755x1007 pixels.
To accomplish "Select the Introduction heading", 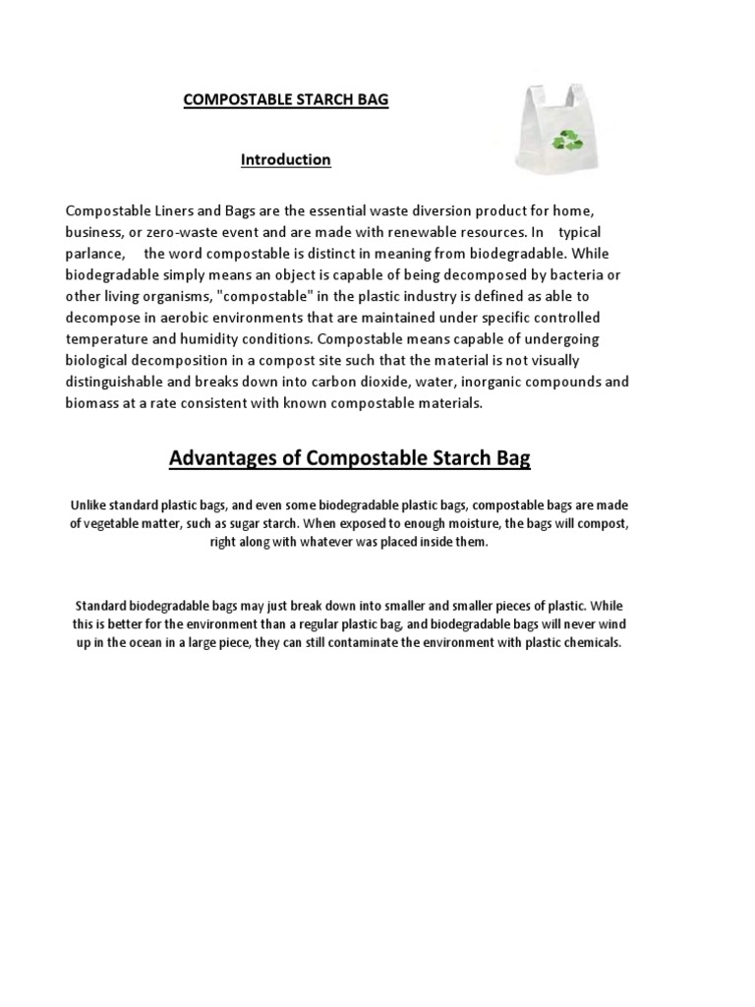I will [286, 159].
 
